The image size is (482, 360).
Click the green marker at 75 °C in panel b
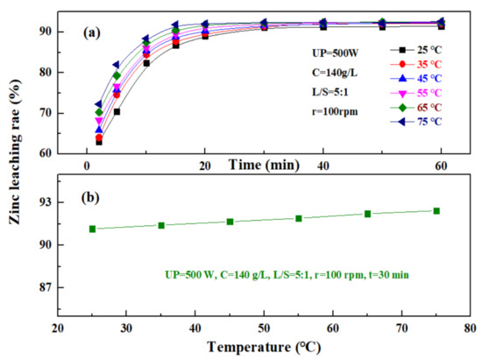(x=436, y=210)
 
